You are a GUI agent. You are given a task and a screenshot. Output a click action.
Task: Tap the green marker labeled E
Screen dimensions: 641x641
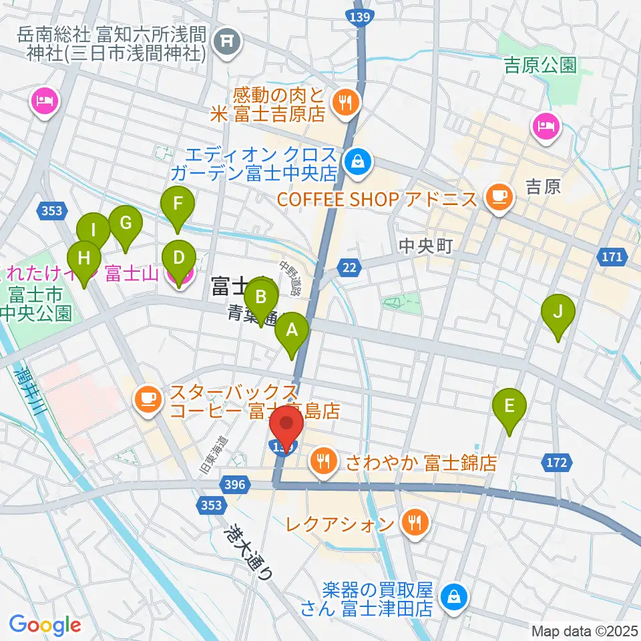(509, 406)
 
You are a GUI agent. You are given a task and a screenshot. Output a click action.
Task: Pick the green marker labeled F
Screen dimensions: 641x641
(177, 204)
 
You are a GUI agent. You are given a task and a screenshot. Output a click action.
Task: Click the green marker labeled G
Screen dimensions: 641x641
(125, 222)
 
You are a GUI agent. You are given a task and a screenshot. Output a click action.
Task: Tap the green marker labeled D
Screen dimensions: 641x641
(178, 258)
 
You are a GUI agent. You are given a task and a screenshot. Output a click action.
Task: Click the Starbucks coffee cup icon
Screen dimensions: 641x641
(148, 399)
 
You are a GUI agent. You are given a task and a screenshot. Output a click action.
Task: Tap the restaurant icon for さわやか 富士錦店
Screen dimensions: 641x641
(325, 461)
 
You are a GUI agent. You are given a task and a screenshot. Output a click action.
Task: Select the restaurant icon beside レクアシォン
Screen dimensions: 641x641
(415, 523)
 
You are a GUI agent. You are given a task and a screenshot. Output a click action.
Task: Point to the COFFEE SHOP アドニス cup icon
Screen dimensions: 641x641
(499, 195)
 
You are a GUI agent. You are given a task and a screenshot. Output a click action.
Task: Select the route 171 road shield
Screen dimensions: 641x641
(615, 257)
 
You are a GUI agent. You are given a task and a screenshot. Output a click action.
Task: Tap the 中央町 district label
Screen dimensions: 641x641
(425, 246)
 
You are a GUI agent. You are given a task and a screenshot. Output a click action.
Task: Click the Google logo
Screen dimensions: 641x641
(45, 624)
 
